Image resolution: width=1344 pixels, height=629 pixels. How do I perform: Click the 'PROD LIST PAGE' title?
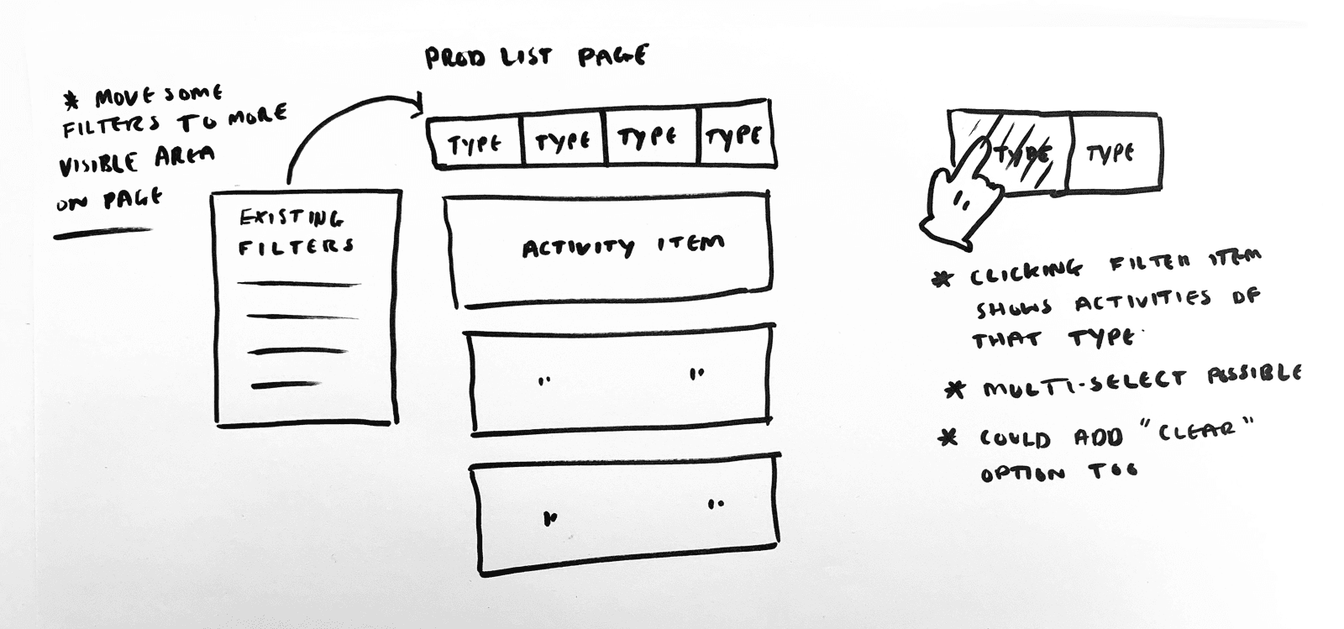[536, 57]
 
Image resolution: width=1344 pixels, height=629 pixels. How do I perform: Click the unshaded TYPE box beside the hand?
[1112, 154]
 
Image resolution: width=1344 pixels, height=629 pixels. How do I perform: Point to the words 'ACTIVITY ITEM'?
[622, 247]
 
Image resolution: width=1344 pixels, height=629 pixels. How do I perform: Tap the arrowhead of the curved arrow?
[417, 105]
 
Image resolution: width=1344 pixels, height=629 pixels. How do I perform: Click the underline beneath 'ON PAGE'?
[102, 233]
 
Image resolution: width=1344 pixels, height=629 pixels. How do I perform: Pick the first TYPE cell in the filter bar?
[475, 144]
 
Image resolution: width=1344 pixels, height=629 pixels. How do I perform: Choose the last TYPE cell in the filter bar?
[735, 137]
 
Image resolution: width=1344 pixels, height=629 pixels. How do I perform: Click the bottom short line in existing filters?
[285, 385]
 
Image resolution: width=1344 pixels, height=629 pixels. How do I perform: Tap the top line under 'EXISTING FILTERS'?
[298, 284]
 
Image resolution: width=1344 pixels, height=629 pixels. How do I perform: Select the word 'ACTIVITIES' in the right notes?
[1143, 301]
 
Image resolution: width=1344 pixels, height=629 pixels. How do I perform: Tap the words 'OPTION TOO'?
[1059, 472]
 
